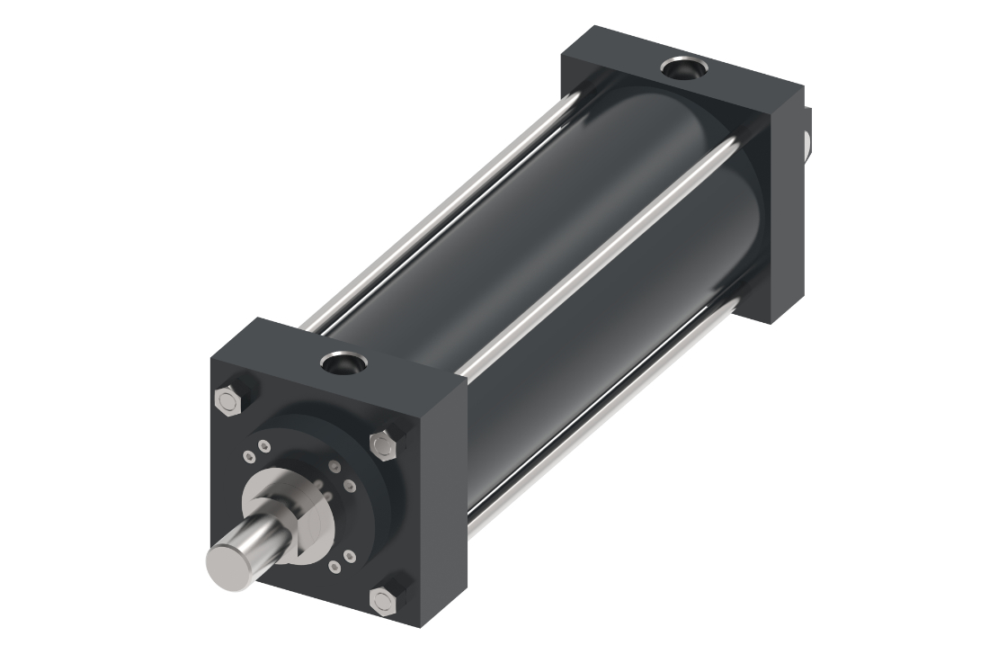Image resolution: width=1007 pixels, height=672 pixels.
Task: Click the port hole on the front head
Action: [343, 363]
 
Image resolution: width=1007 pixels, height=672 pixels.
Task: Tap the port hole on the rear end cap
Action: [682, 68]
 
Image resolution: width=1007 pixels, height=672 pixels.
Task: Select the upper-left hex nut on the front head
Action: [228, 399]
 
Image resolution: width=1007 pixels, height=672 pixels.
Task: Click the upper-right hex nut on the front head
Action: [383, 444]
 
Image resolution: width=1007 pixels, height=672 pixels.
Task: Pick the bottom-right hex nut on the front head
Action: [383, 599]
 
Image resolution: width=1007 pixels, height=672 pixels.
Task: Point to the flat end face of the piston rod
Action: [225, 562]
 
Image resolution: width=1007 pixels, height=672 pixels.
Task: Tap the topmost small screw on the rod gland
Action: [263, 447]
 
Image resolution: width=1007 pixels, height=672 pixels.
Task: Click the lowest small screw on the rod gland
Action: [334, 566]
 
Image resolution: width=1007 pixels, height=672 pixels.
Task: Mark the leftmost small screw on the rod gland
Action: [248, 457]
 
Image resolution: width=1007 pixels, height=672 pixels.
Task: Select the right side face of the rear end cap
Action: [784, 207]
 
